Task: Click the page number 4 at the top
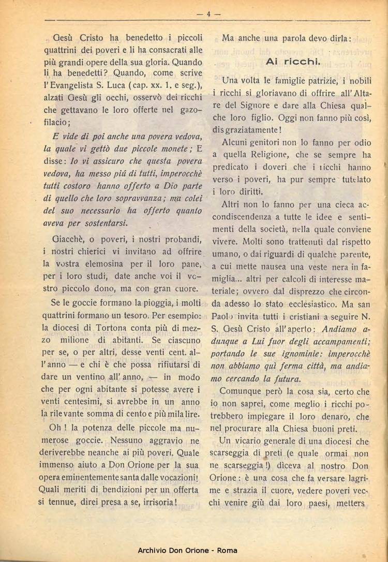coord(209,14)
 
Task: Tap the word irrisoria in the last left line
coord(159,502)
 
